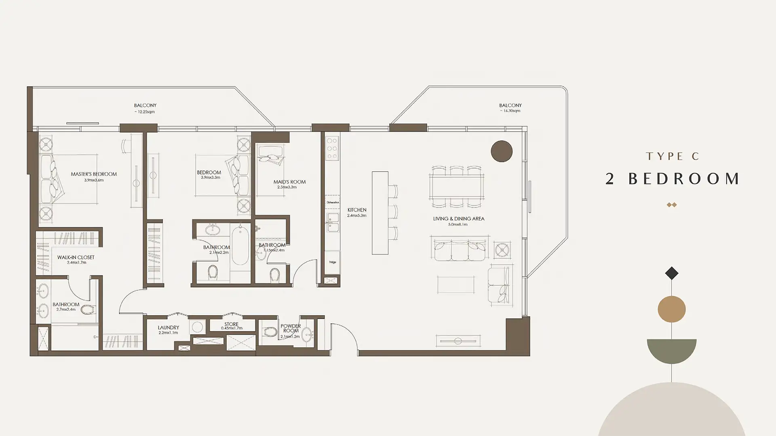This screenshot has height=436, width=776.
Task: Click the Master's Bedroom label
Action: (x=94, y=174)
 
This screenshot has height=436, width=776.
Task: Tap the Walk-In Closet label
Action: (x=76, y=257)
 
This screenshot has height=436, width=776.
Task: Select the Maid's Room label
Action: (x=289, y=182)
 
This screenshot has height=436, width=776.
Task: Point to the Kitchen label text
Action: (x=357, y=210)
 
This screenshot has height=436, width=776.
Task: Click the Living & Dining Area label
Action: (x=459, y=219)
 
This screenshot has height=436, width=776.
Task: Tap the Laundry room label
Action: (x=169, y=328)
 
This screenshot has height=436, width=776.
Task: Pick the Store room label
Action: (x=232, y=324)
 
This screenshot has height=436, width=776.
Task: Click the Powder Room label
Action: (x=291, y=328)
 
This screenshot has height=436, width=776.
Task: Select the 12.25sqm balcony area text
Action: (x=145, y=112)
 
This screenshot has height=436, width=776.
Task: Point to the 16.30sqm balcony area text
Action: (x=510, y=111)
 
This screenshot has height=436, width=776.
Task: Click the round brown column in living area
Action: (x=502, y=151)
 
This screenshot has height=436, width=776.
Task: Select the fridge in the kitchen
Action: (x=332, y=262)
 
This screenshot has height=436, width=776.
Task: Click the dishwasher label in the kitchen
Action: (x=332, y=202)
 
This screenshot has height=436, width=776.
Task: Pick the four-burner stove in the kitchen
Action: (x=332, y=148)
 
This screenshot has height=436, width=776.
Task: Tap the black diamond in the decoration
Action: (x=672, y=273)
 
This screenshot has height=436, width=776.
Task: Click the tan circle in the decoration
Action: (x=672, y=309)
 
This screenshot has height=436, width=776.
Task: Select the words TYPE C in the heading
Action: (x=673, y=156)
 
